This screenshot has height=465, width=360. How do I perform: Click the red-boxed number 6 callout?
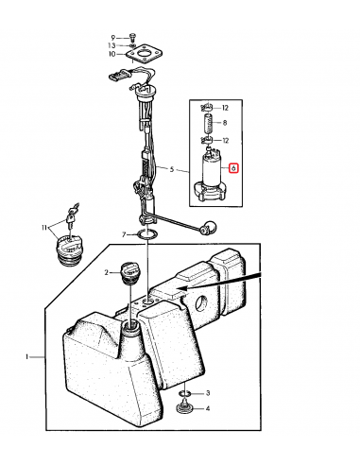pos(233,168)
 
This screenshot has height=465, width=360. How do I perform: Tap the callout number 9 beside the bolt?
pos(113,38)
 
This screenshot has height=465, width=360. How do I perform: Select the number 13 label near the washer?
pos(111,45)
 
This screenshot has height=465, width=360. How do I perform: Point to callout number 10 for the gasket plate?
pos(112,54)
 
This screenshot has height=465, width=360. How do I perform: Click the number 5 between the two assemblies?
pos(172,169)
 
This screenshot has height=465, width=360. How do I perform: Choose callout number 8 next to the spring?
pos(225,123)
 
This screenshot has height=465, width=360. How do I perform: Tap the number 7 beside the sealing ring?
pos(124,234)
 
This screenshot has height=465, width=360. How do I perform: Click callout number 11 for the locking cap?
pos(44,227)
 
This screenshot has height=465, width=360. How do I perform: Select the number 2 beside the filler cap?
pos(107,272)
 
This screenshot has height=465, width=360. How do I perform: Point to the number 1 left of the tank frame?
pos(27,356)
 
